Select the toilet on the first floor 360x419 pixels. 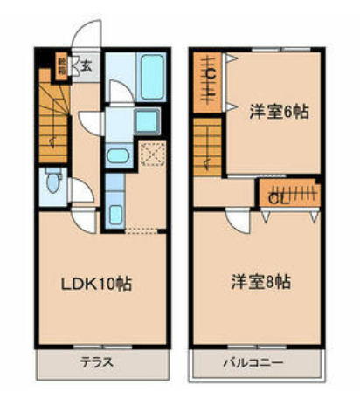(55, 183)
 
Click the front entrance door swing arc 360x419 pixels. (87, 37)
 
